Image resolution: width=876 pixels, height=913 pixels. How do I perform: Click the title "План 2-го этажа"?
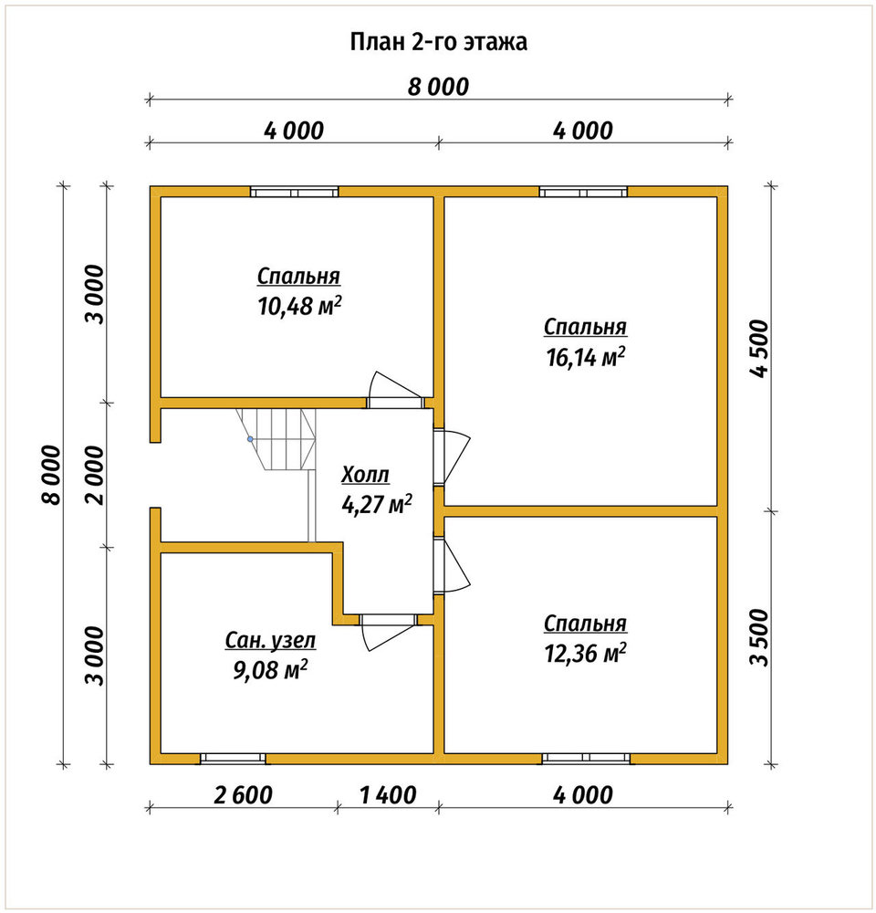point(438,42)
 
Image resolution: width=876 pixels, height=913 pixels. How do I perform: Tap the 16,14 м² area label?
point(586,356)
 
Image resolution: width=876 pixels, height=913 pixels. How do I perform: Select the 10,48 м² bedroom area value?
point(299,305)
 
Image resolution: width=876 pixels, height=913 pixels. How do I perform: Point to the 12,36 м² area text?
point(586,653)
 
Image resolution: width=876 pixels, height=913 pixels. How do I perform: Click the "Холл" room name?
point(365,475)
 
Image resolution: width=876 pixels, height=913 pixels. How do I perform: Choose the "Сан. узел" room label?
point(270,641)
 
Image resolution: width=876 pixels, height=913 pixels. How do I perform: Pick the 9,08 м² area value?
point(270,669)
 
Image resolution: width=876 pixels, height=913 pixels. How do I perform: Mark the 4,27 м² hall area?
point(377,504)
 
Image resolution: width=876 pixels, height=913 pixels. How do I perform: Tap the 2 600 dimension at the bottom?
point(243,795)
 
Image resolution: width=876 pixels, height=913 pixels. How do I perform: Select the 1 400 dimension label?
point(388,795)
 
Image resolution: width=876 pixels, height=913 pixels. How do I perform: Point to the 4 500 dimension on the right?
point(760,348)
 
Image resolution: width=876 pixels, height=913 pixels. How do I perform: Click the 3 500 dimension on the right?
point(760,637)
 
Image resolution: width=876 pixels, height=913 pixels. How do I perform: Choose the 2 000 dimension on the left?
point(94,475)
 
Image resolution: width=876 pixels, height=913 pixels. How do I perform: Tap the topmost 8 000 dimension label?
point(438,87)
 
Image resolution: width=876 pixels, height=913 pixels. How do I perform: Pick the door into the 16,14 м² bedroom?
point(452,457)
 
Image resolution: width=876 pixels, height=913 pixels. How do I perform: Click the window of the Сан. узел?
point(233,758)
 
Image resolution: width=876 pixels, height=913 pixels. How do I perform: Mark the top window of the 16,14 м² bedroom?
point(583,192)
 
